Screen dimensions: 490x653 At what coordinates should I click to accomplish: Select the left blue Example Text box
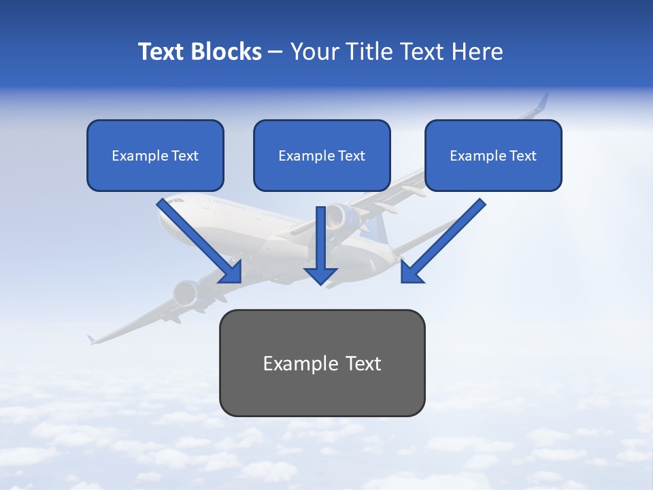[155, 156]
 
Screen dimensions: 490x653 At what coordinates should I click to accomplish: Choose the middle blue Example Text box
[322, 156]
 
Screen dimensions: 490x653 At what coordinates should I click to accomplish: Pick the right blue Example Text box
[493, 156]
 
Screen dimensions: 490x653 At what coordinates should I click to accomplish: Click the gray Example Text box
[322, 363]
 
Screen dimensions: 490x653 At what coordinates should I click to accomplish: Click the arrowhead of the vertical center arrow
[320, 275]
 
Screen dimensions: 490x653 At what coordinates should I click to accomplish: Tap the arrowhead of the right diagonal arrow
[410, 273]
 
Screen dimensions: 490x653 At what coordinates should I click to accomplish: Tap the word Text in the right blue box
[522, 156]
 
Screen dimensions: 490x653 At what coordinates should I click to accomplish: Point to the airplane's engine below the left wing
[186, 293]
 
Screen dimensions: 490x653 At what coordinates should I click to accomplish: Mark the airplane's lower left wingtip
[90, 338]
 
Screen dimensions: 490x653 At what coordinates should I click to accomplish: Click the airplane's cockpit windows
[176, 201]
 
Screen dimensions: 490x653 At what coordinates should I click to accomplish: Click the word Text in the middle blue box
[350, 156]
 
